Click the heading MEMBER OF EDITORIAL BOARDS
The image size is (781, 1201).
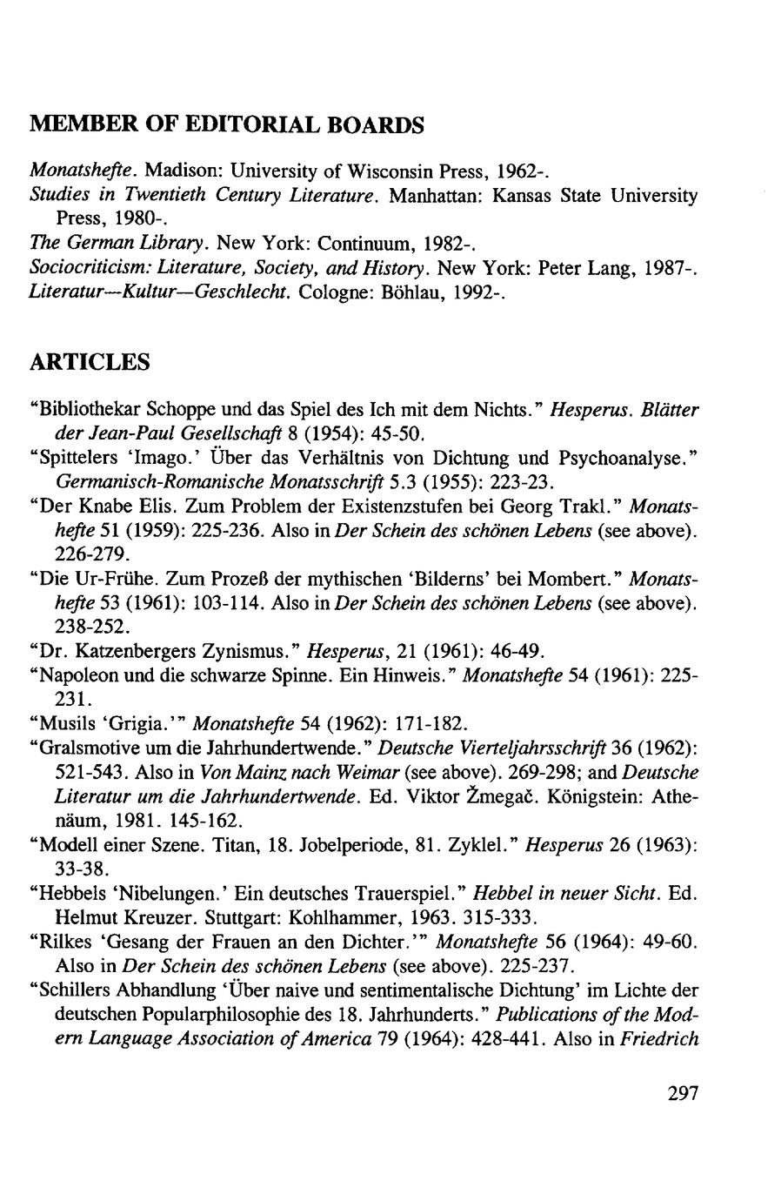point(227,125)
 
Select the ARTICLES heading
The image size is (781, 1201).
point(90,362)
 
